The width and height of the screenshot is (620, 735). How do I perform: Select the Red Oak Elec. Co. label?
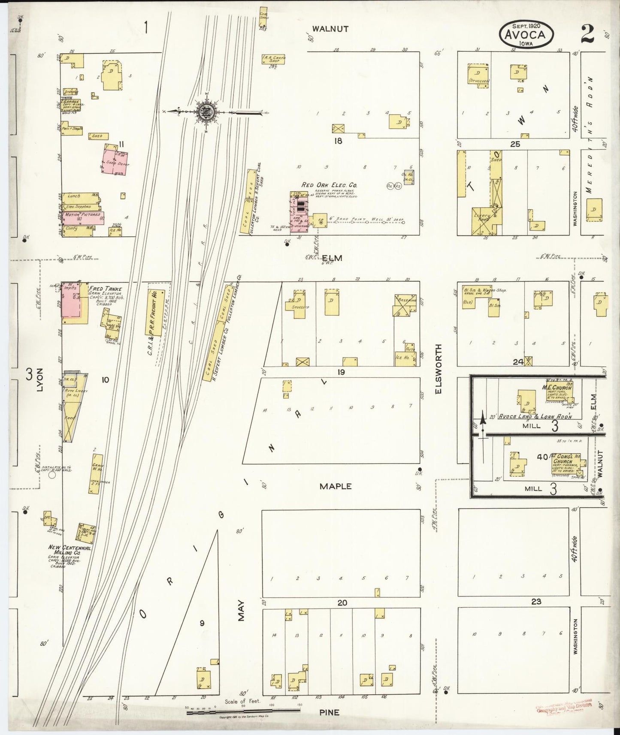tap(330, 185)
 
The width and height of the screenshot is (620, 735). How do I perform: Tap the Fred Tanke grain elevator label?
tap(105, 289)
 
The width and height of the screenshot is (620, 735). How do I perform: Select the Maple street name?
tap(336, 486)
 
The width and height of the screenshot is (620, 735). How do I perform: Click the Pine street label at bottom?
tap(329, 712)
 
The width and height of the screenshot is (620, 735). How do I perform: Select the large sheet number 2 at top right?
tap(587, 34)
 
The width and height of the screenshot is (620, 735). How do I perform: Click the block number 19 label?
tap(341, 372)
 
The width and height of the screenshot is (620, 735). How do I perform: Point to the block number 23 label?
tap(536, 602)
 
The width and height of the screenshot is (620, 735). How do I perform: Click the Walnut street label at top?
tap(330, 29)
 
